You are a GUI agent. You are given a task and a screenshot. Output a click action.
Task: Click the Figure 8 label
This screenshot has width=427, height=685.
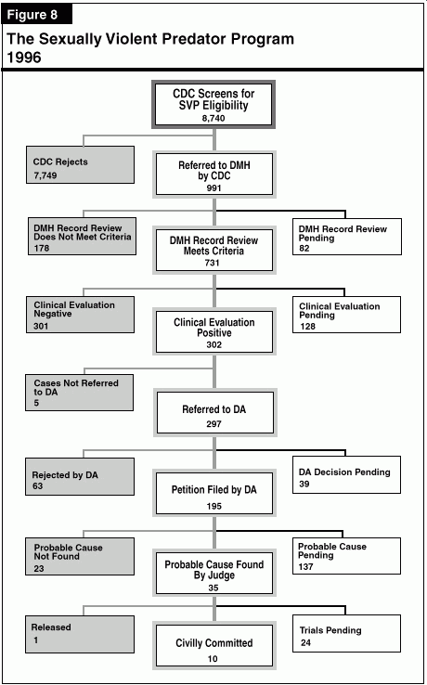(x=38, y=15)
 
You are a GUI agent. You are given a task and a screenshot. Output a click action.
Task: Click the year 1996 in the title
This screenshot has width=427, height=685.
(x=24, y=58)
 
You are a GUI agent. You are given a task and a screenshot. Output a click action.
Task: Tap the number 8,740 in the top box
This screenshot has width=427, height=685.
(x=213, y=118)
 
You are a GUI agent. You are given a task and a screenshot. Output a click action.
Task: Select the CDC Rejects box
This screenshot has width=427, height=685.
(x=80, y=164)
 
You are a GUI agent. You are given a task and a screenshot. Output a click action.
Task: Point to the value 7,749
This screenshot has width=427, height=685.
(x=45, y=175)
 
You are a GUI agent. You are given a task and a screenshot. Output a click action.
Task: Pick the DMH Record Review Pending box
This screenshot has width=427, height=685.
(x=347, y=237)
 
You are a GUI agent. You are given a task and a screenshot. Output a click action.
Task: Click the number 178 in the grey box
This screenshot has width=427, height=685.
(x=42, y=248)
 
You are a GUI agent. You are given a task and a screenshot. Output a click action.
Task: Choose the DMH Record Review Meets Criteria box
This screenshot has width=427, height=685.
(x=214, y=250)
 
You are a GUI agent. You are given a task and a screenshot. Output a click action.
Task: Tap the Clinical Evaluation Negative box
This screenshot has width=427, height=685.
(x=80, y=315)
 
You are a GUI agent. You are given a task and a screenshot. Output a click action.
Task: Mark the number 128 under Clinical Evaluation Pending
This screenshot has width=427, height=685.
(x=307, y=327)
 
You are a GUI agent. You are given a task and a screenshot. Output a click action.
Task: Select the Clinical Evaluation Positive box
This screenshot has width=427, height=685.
(x=214, y=330)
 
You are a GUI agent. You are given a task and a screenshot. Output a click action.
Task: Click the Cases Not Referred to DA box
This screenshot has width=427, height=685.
(x=79, y=393)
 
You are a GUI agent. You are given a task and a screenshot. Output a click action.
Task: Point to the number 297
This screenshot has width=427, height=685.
(x=214, y=423)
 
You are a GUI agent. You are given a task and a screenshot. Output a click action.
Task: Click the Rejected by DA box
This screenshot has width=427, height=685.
(x=80, y=476)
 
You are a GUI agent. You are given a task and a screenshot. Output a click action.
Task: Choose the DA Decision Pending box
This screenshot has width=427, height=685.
(x=346, y=475)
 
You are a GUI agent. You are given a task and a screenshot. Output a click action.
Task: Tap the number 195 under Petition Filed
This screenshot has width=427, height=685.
(x=214, y=506)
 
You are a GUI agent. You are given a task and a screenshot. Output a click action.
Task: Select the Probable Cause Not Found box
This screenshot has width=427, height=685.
(x=80, y=557)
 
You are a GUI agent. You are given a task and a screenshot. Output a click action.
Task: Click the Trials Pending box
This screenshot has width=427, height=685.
(x=346, y=633)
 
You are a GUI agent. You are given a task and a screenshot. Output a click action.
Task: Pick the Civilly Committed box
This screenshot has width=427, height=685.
(x=214, y=646)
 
